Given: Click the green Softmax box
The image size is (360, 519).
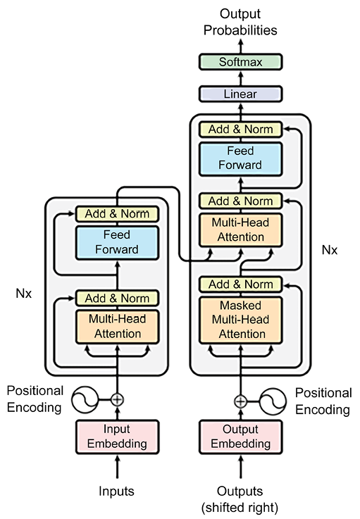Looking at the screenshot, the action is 240,62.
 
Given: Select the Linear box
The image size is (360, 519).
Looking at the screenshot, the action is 240,94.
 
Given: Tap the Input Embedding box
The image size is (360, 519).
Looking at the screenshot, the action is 117,437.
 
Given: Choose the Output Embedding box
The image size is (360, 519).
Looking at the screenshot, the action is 240,437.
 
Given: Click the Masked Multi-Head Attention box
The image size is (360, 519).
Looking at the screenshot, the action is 240,320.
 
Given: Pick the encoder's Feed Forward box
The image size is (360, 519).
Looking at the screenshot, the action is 117,243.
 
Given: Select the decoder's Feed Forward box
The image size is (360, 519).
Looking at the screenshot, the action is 240,159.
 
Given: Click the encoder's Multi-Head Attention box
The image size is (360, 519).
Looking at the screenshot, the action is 117,327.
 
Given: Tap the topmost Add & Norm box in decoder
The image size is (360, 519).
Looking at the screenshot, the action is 240,130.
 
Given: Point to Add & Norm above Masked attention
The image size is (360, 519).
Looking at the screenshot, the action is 240,284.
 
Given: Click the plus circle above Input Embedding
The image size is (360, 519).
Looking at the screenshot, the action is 117,399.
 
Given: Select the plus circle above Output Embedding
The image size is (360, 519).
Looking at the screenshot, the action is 241,401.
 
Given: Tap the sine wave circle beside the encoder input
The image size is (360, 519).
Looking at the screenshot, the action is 85,399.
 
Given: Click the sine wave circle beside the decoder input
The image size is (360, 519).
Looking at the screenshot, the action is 273,401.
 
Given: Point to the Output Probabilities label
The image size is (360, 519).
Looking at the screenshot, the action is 240,22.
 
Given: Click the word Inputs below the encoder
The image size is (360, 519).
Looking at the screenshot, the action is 116,492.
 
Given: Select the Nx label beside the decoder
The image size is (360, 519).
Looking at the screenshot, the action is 330,250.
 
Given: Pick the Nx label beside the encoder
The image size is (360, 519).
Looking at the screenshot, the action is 24,293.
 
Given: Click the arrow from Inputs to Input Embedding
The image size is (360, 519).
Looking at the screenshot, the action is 117,467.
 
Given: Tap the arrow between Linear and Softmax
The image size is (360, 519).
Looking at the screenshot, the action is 241,78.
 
